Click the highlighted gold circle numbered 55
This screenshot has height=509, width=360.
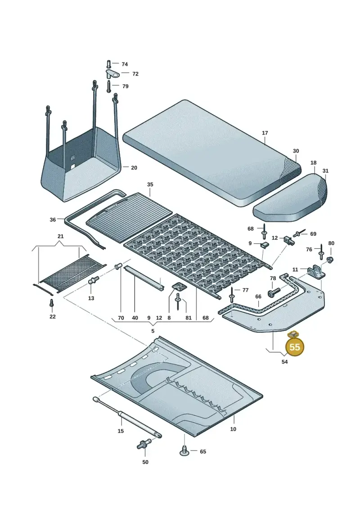tap(294, 347)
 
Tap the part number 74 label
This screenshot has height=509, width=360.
tap(125, 64)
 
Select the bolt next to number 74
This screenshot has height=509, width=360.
tap(108, 64)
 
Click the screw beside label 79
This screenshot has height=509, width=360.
tap(108, 86)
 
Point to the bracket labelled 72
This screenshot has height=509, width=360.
tap(112, 74)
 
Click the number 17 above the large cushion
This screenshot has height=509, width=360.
tap(265, 133)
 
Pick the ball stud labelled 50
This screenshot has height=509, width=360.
tap(144, 444)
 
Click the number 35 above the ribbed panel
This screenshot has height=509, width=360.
tap(150, 185)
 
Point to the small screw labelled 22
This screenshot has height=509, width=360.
tap(51, 303)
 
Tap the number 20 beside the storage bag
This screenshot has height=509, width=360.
tap(134, 167)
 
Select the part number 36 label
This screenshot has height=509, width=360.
tap(53, 220)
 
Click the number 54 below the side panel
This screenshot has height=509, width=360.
tap(284, 362)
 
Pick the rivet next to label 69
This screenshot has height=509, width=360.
tap(299, 233)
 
